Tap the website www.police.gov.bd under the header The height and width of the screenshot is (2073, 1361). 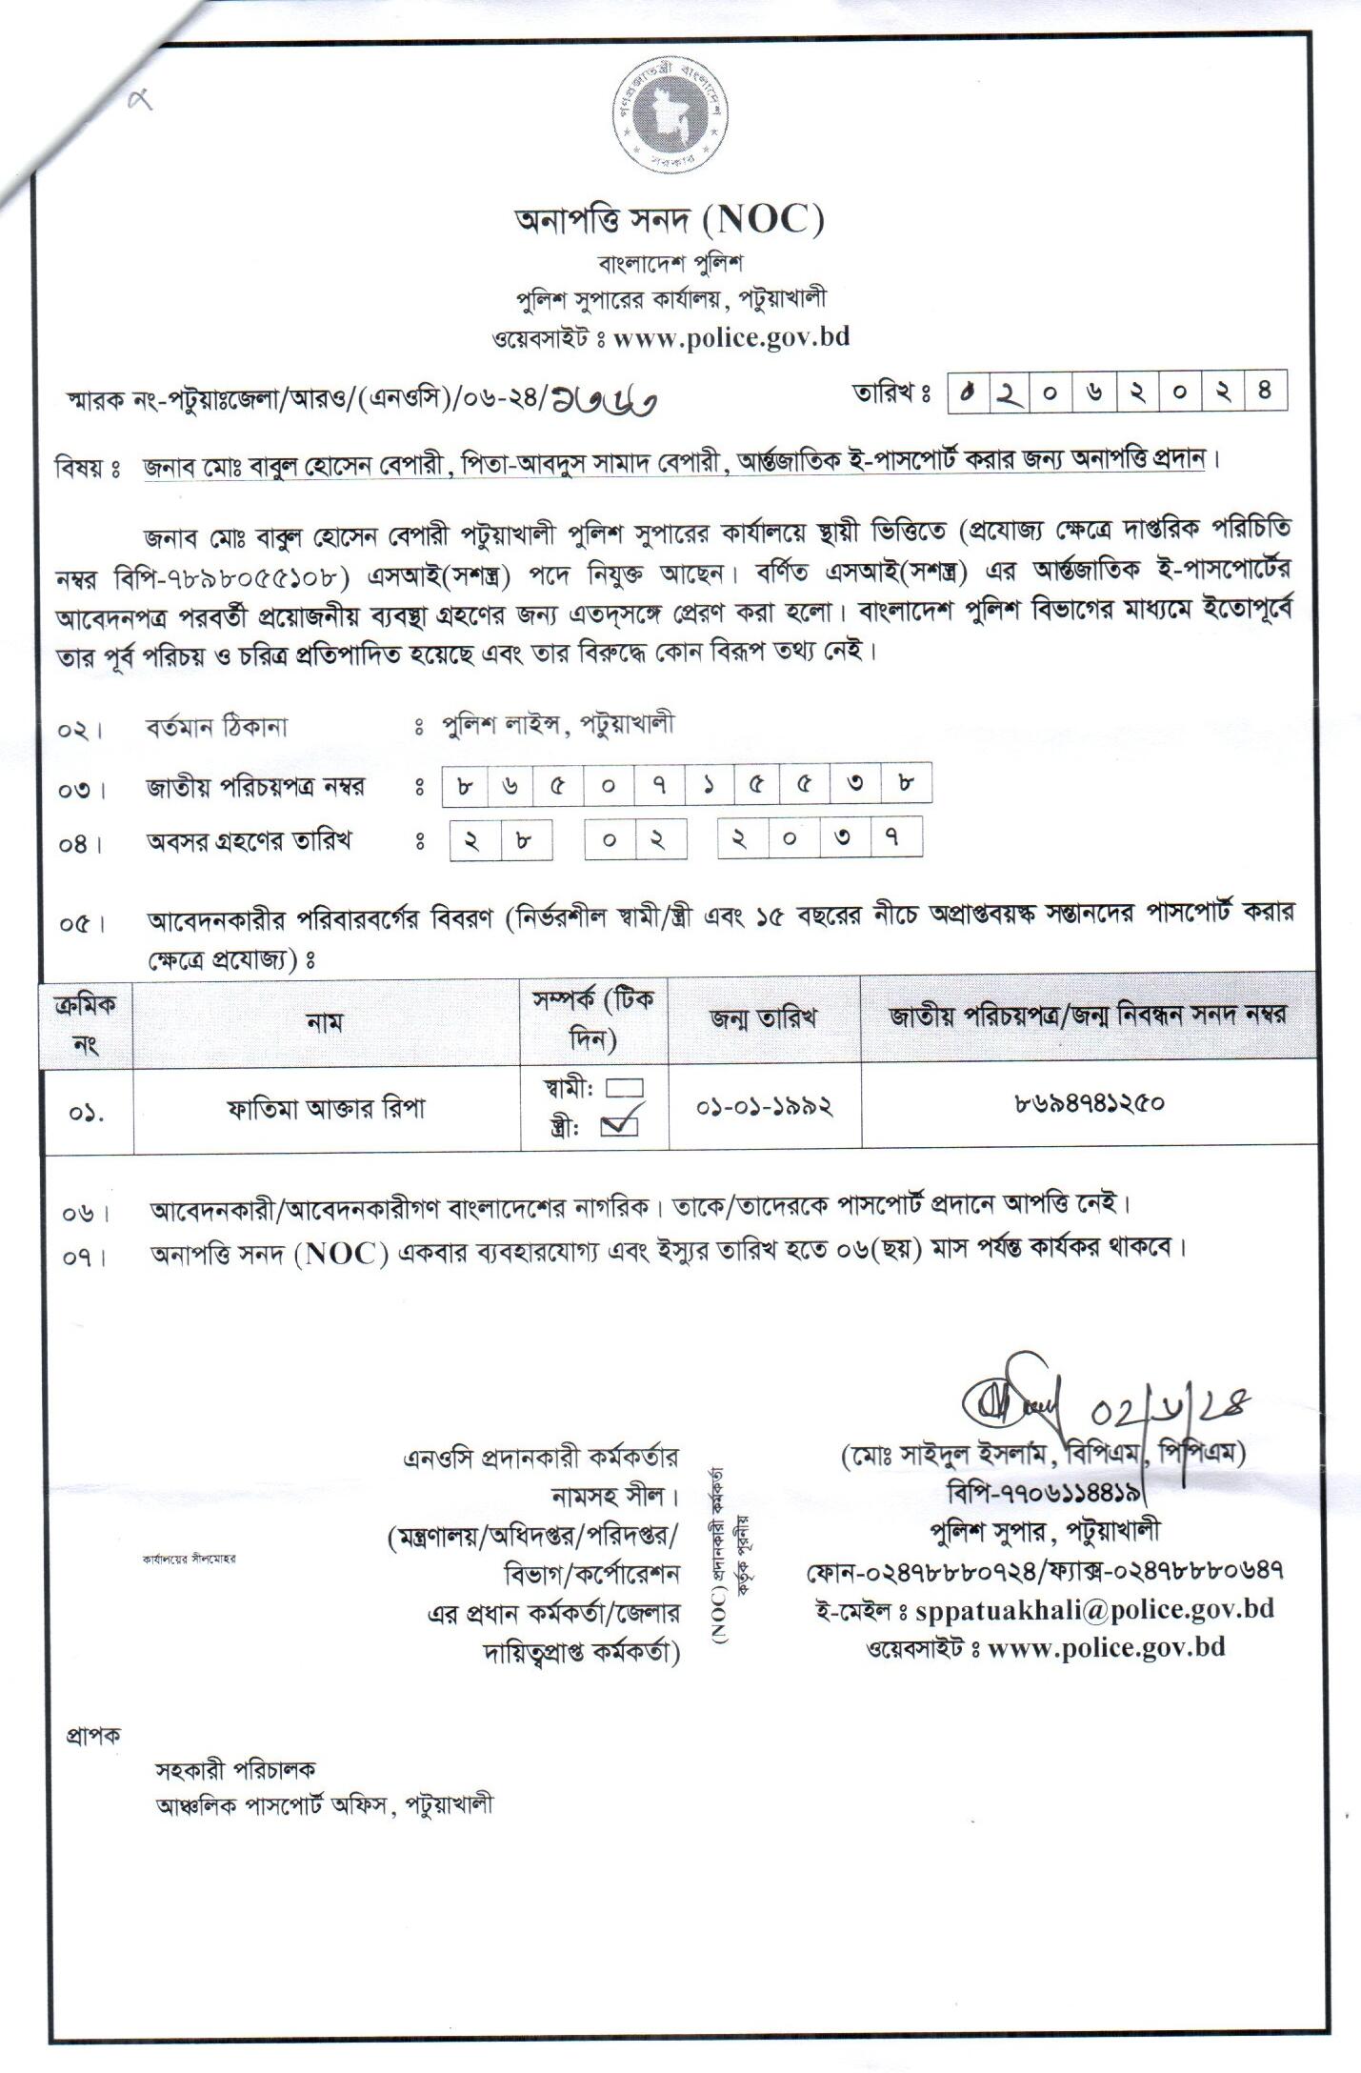coord(731,337)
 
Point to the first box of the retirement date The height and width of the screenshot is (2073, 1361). coord(470,839)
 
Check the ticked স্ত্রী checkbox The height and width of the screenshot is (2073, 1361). coord(619,1126)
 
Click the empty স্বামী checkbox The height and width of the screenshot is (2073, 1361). coord(624,1088)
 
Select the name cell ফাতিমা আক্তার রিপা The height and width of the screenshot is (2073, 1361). coord(326,1109)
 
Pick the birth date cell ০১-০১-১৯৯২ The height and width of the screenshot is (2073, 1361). coord(764,1107)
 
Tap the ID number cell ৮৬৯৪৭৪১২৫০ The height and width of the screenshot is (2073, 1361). coord(1090,1104)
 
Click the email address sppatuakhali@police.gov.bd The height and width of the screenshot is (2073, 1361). coord(1094,1609)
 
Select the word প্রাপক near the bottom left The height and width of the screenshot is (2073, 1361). coord(93,1735)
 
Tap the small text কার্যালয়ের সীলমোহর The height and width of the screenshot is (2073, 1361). coord(189,1559)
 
